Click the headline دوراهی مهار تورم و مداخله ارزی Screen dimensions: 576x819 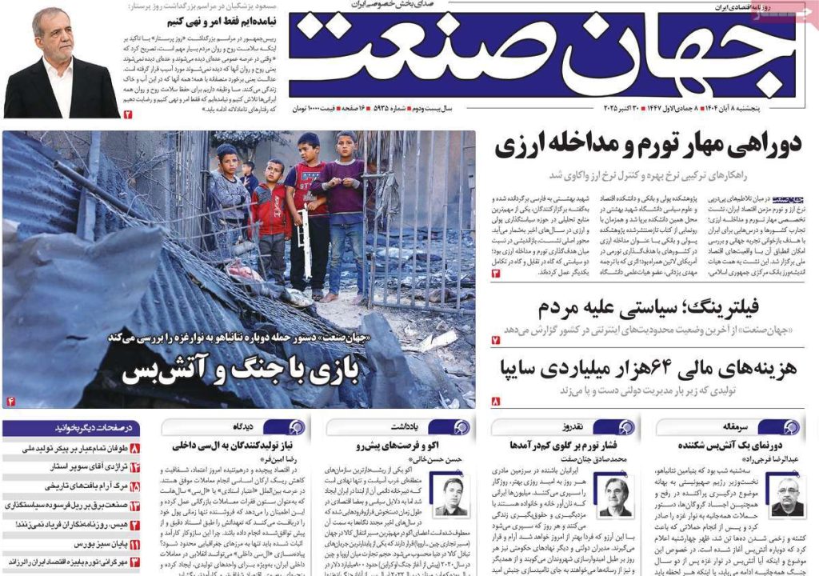648,146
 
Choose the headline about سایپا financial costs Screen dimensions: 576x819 648,369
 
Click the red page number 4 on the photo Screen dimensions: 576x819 11,400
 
